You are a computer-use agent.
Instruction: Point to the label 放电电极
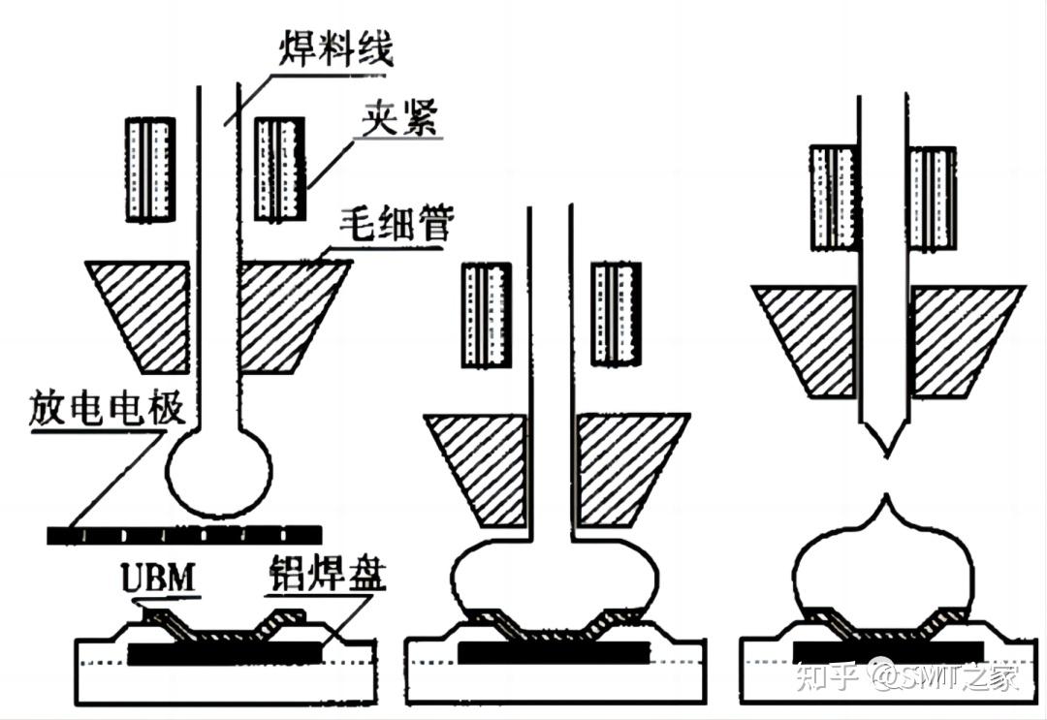coord(107,410)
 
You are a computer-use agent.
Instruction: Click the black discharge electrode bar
coord(184,534)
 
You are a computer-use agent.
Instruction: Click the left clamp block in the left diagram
coord(150,168)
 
